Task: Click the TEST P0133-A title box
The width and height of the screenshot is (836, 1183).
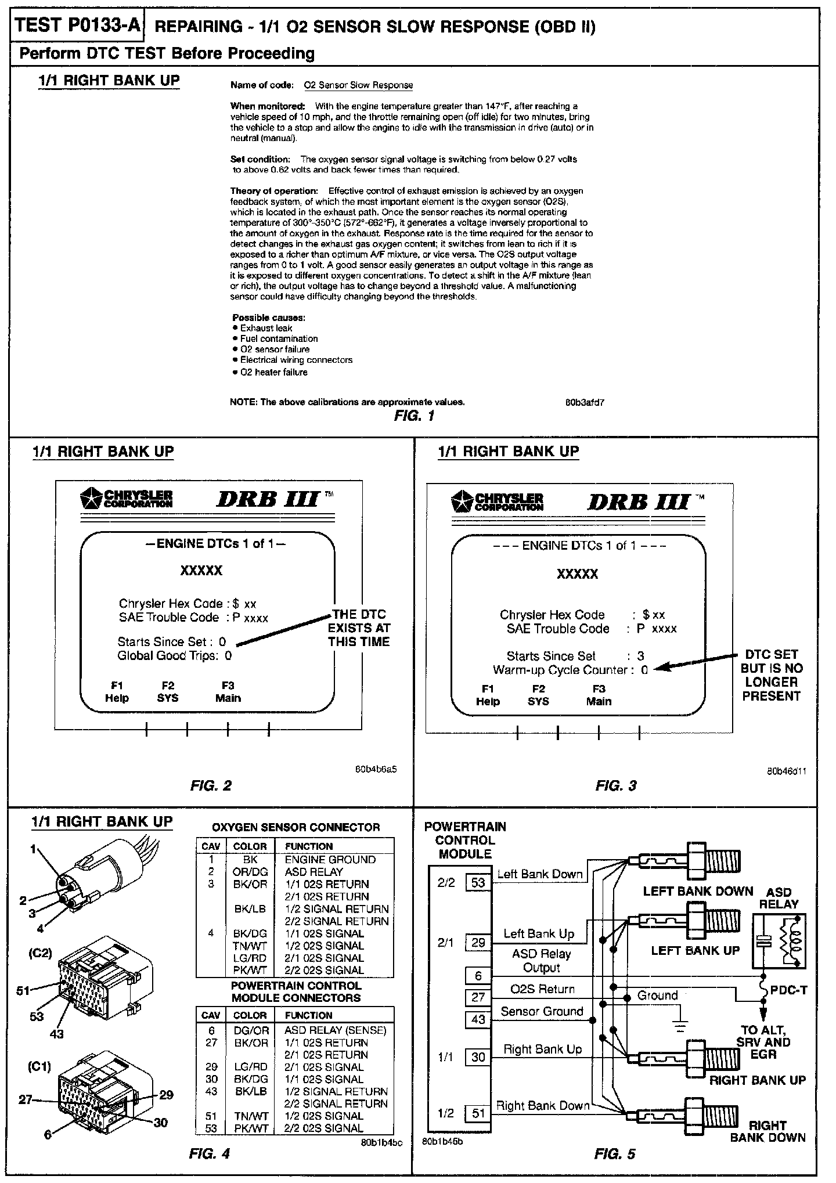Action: coord(77,26)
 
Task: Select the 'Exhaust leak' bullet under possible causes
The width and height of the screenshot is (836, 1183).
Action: coord(266,328)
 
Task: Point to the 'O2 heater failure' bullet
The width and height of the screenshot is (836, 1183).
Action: coord(273,372)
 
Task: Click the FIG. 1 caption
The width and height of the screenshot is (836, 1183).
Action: coord(414,416)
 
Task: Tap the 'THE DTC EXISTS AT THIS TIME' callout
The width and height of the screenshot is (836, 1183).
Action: coord(359,627)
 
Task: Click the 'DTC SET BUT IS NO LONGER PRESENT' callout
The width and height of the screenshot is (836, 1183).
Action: coord(771,675)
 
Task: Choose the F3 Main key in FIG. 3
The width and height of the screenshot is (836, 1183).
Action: coord(599,695)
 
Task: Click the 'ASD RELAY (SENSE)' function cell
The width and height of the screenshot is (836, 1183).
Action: coord(335,1030)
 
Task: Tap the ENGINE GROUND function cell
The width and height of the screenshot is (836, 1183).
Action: coord(330,860)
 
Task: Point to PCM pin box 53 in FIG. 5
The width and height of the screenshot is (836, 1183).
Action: coord(478,883)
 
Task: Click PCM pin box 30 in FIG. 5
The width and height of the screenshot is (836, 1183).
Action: coord(478,1057)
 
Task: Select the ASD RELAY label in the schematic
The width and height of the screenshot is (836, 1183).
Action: coord(779,898)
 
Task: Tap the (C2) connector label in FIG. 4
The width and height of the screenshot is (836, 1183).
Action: coord(41,953)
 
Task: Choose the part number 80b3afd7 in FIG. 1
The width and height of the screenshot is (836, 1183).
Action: coord(585,402)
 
